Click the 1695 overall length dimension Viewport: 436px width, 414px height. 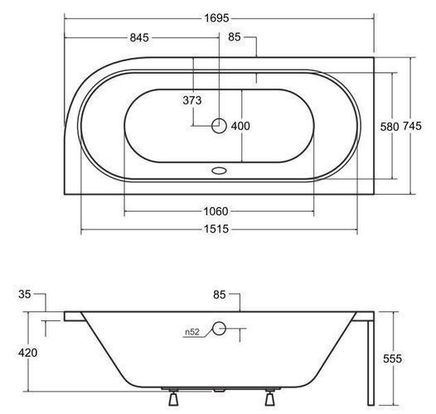tap(216, 18)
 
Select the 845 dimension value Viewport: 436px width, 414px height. tap(139, 37)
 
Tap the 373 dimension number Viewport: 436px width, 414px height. tap(191, 100)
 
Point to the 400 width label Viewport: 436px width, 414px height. tap(240, 126)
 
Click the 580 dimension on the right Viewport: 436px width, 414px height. tap(390, 127)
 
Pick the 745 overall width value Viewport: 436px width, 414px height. tap(412, 126)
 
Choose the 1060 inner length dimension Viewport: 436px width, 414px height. tap(216, 211)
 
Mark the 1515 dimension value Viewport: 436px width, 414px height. tap(216, 229)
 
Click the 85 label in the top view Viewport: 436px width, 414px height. tap(234, 37)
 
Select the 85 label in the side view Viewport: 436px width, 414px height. tap(220, 295)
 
